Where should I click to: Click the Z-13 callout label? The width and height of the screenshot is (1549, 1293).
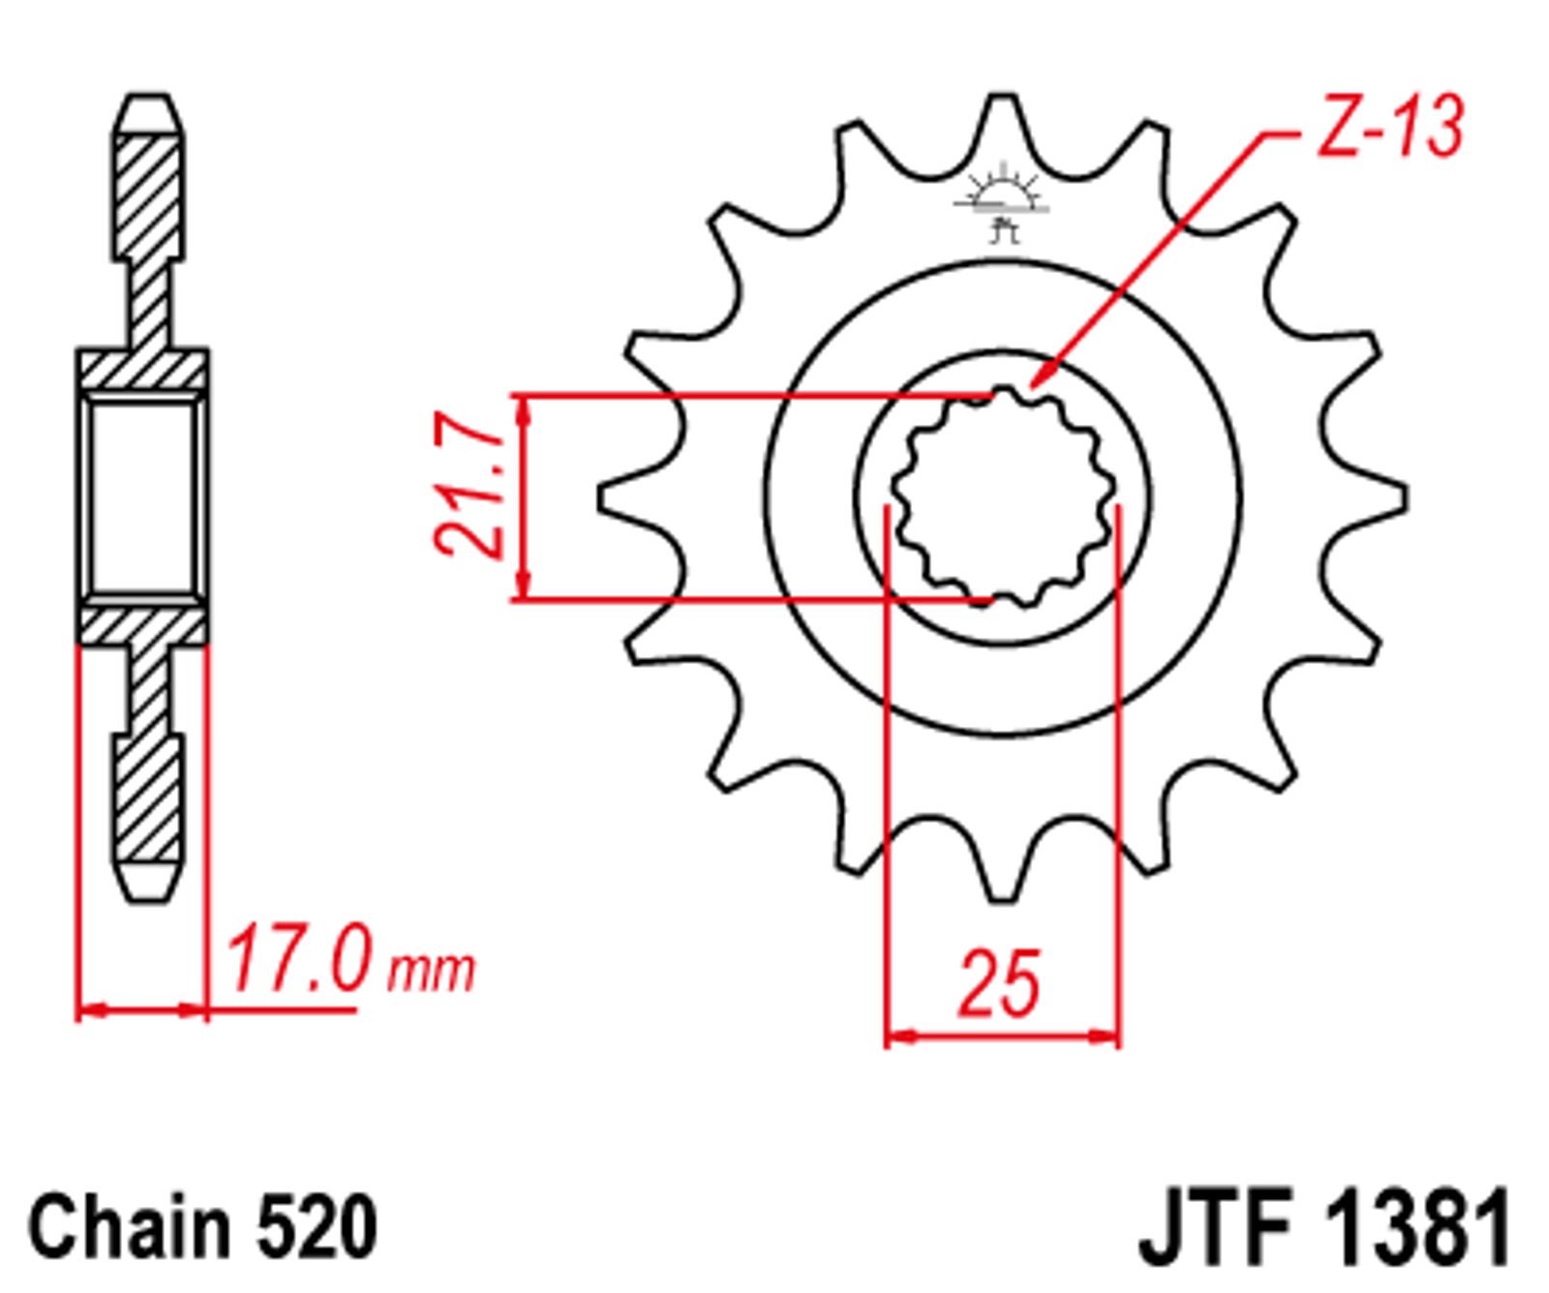(x=1390, y=127)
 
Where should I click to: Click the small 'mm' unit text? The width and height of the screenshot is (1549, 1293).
(x=431, y=971)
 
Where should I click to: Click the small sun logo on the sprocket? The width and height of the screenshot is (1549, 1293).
(x=1002, y=199)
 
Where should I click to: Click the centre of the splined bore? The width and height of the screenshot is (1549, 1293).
(x=1002, y=496)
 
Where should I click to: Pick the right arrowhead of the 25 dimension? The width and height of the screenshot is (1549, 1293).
(x=1117, y=1037)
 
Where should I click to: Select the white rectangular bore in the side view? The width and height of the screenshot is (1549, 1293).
(x=143, y=499)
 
